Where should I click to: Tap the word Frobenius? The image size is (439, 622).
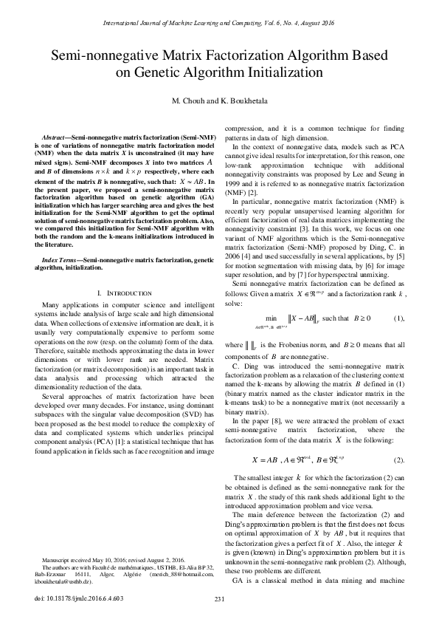(299, 334)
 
